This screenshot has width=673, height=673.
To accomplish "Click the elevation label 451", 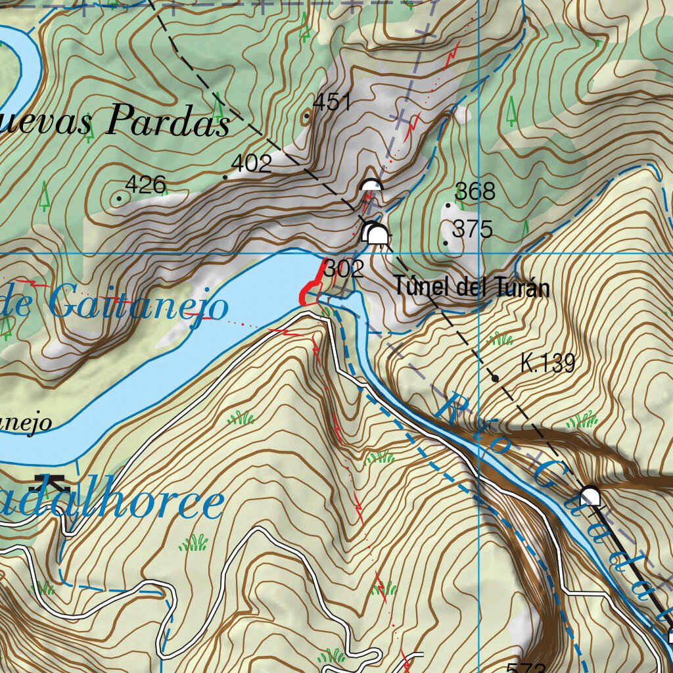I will point(333,103).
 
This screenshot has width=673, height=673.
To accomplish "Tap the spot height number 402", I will point(252,164).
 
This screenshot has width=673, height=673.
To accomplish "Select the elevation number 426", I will point(145,185).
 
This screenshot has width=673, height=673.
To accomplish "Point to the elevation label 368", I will point(475,192).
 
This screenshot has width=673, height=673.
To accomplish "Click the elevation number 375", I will point(473,229).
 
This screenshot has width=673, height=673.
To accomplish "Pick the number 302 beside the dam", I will point(344,269).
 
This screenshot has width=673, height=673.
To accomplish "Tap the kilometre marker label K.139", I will point(547,363).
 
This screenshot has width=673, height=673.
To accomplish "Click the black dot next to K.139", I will point(495,378).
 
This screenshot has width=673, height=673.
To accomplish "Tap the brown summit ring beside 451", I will point(306,118).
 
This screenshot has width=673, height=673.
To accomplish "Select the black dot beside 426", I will point(119,197).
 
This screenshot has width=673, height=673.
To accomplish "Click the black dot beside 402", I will point(225,177).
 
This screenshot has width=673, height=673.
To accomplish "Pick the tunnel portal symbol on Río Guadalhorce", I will point(590,496).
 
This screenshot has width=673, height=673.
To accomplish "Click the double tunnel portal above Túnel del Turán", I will point(375,233).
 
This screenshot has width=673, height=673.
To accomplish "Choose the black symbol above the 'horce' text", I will point(53,482).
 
